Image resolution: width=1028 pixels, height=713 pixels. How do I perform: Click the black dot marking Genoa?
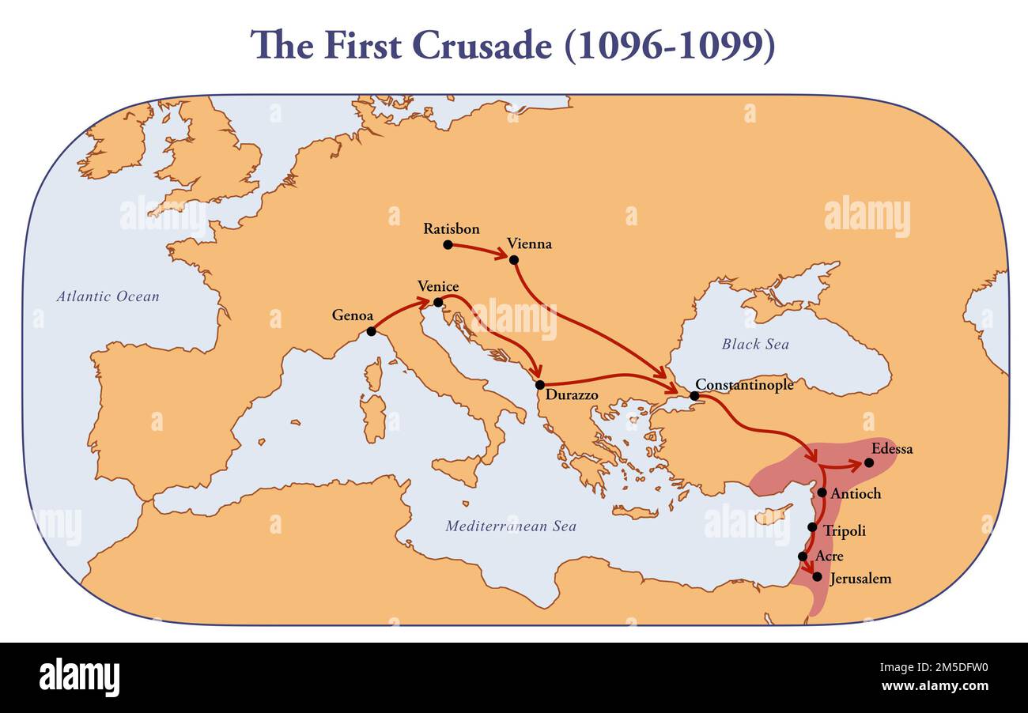tap(371, 331)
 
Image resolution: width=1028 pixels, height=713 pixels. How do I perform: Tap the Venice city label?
tap(438, 286)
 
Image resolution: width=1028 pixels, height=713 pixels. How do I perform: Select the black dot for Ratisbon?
tap(448, 245)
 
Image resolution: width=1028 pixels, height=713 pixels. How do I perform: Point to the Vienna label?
tap(530, 243)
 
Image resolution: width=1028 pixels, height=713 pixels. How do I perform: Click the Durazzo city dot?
tap(540, 385)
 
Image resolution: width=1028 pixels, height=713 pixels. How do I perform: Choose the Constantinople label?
tap(744, 385)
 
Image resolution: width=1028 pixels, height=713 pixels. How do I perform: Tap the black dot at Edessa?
tap(869, 462)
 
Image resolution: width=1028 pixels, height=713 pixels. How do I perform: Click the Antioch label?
tap(856, 493)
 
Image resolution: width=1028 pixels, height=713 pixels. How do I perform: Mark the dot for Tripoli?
tap(812, 527)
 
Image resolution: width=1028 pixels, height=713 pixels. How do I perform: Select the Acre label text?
tap(829, 556)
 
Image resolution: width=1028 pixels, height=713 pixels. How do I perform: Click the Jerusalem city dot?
tap(817, 576)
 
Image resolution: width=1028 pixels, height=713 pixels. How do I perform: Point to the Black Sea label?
tap(755, 344)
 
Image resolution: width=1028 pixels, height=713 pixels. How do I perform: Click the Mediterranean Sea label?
tap(511, 526)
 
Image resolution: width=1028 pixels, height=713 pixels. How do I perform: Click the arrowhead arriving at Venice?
tap(425, 301)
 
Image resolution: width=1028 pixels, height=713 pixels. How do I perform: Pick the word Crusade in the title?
tap(482, 46)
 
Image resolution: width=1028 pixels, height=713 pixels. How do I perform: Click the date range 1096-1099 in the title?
tap(669, 46)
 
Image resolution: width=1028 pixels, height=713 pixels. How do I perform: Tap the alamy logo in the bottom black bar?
tap(79, 677)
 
